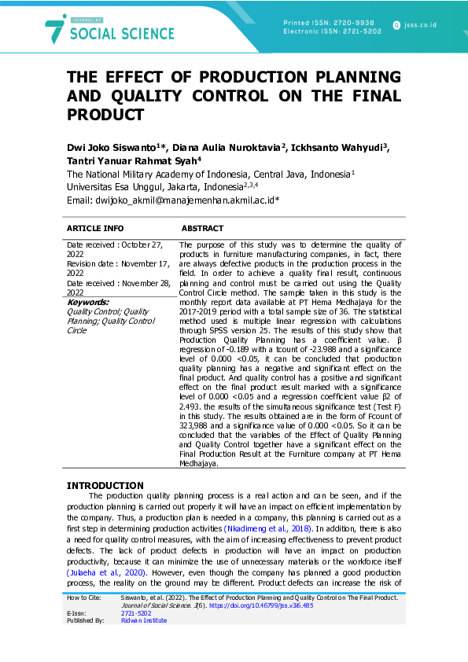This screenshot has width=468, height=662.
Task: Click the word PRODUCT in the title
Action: pyautogui.click(x=105, y=115)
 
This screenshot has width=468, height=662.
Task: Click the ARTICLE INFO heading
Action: pyautogui.click(x=95, y=229)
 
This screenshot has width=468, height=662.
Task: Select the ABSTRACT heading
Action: pyautogui.click(x=204, y=229)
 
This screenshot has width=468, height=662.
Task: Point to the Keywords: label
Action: pyautogui.click(x=87, y=302)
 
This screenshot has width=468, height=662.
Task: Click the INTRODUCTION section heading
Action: pyautogui.click(x=105, y=485)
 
